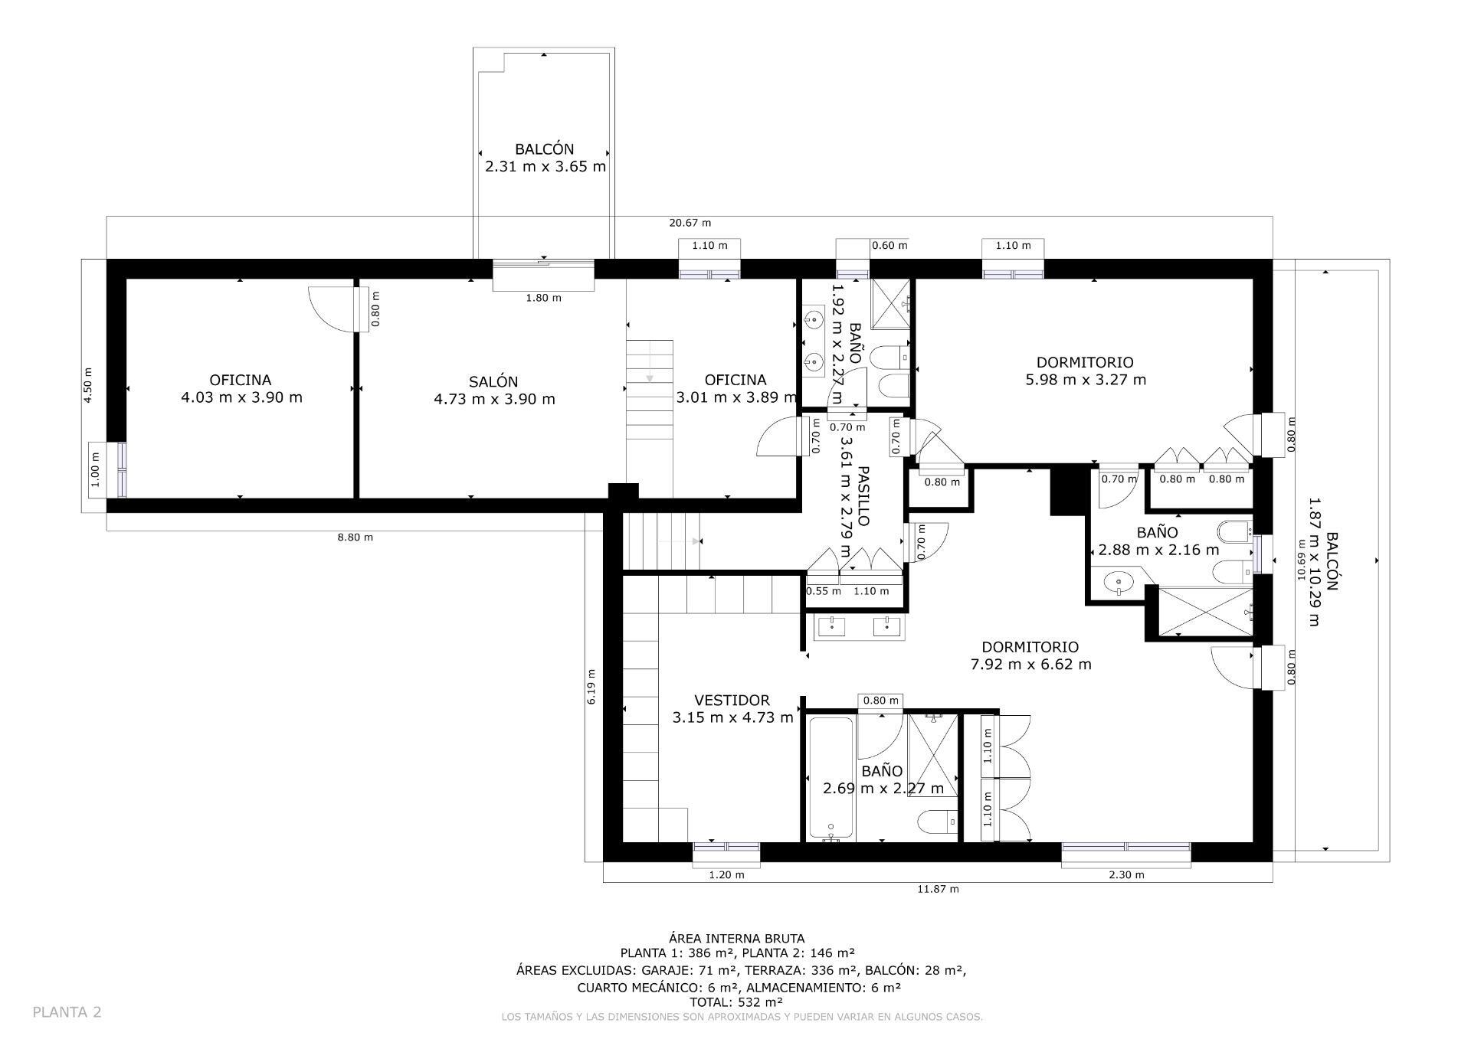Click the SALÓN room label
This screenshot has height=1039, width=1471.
click(x=493, y=381)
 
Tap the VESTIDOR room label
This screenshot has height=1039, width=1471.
click(x=732, y=700)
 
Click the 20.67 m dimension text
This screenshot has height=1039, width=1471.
click(x=690, y=223)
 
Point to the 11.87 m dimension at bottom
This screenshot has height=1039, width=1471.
click(x=938, y=889)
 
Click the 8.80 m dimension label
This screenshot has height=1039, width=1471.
click(x=355, y=537)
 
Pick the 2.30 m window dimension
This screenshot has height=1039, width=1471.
click(x=1126, y=874)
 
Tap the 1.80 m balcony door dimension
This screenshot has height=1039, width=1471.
click(x=543, y=298)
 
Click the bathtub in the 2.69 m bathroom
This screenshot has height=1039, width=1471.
click(x=831, y=777)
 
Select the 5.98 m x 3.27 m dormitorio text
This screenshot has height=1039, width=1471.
click(x=1086, y=380)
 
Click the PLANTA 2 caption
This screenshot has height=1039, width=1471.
click(x=67, y=1011)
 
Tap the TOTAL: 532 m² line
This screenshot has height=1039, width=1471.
click(x=735, y=1001)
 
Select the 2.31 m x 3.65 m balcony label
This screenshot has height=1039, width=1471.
click(x=545, y=166)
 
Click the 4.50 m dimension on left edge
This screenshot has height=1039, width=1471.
click(x=89, y=386)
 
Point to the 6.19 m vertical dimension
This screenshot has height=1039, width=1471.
click(x=591, y=687)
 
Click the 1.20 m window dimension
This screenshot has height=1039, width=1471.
click(x=726, y=874)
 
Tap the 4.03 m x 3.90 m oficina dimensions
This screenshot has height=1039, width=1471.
click(x=241, y=397)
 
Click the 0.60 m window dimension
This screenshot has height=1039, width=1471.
click(x=889, y=246)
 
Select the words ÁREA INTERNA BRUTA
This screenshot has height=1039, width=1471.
click(x=736, y=938)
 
